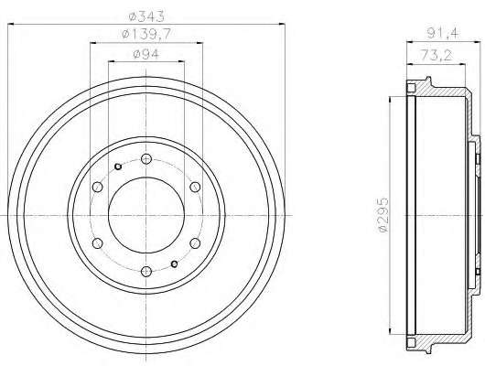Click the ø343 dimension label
pyautogui.click(x=146, y=16)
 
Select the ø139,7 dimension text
pyautogui.click(x=146, y=34)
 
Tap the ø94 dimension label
pyautogui.click(x=146, y=54)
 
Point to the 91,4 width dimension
pyautogui.click(x=444, y=34)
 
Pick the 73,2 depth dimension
pyautogui.click(x=436, y=56)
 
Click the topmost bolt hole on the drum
pyautogui.click(x=146, y=159)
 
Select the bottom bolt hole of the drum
pyautogui.click(x=146, y=272)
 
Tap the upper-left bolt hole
pyautogui.click(x=98, y=187)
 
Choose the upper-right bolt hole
pyautogui.click(x=195, y=187)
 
